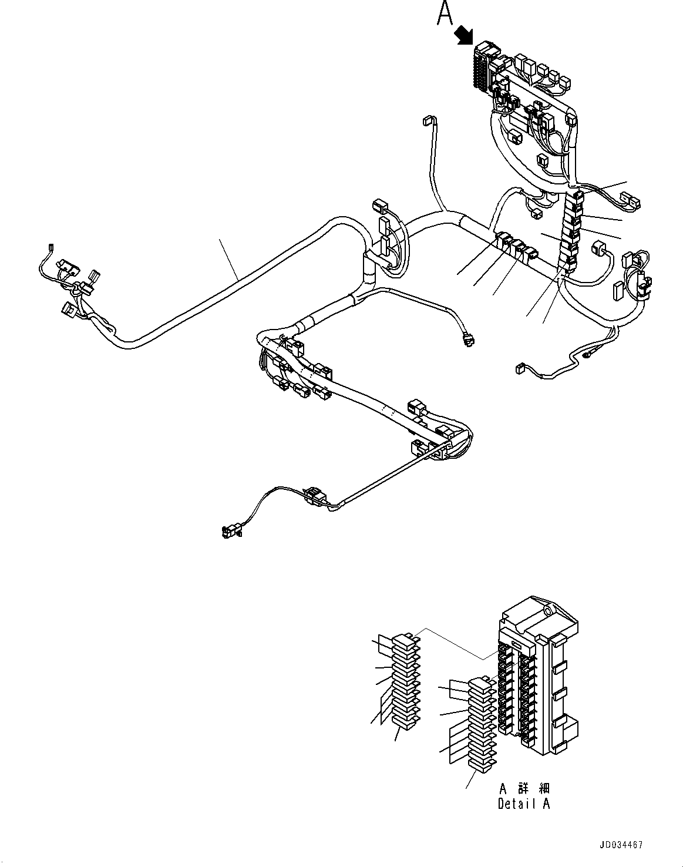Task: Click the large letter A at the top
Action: (445, 14)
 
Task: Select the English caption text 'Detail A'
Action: (524, 804)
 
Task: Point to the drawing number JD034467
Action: (621, 845)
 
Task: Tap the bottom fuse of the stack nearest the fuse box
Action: (481, 765)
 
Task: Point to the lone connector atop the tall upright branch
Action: (427, 122)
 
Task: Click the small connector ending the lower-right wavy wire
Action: (520, 369)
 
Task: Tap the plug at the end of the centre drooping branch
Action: (467, 340)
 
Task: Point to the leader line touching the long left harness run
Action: (229, 259)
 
